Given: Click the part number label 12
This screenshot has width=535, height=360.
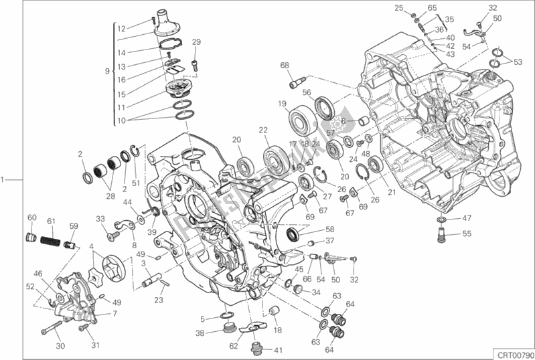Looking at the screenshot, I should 121,29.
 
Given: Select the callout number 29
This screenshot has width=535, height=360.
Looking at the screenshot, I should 196,42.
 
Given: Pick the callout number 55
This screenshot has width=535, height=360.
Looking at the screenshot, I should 467,234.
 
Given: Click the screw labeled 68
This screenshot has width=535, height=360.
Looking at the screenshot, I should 294,84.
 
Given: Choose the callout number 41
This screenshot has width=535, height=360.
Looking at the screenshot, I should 278,350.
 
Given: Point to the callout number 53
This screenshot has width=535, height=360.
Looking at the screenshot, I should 518,62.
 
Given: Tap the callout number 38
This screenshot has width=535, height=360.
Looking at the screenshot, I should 200,333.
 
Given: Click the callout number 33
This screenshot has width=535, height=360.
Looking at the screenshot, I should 100,219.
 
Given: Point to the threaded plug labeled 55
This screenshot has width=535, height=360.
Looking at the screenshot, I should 442,234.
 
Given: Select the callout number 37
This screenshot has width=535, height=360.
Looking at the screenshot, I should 329,242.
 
